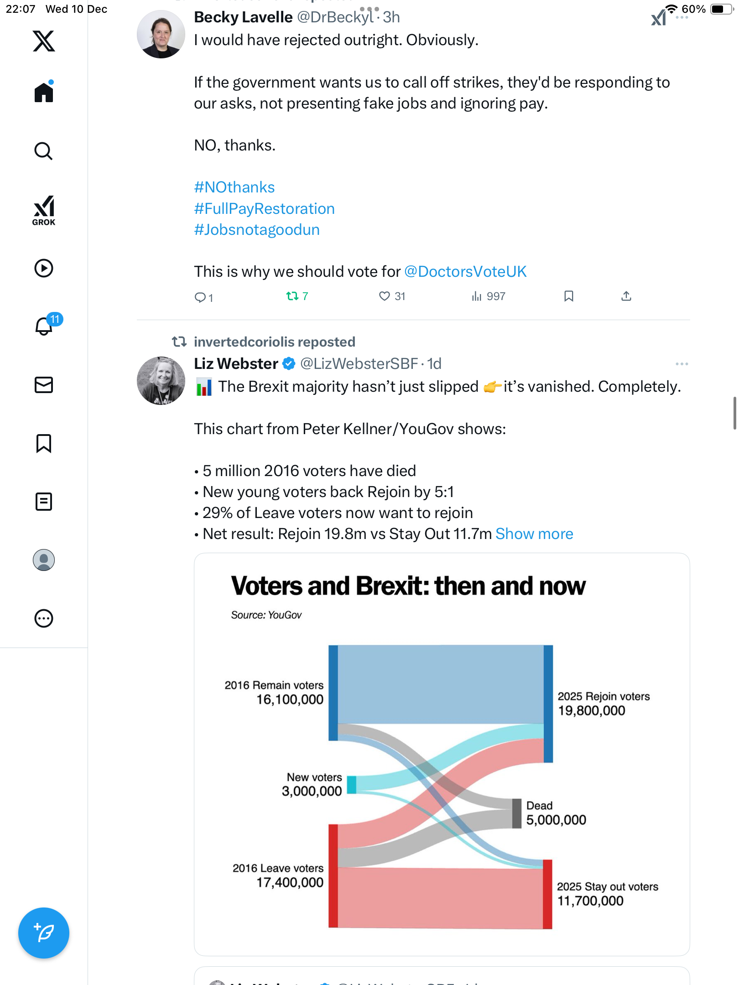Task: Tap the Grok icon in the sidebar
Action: point(44,210)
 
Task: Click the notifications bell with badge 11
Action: point(44,326)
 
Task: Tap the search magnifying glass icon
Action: point(44,151)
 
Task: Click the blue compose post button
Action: point(44,933)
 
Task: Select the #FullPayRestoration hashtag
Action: point(264,208)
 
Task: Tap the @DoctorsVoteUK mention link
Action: point(465,272)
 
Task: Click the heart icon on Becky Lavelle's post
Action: point(385,296)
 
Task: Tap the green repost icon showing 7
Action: point(292,296)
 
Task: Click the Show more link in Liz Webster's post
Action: point(534,534)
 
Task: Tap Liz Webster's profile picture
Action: point(161,381)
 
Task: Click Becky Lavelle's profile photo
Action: point(161,34)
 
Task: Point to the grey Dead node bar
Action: point(516,813)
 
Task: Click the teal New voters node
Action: point(351,785)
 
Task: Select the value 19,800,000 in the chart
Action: point(591,710)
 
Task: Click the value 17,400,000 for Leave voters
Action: point(290,882)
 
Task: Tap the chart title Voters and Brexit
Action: point(408,586)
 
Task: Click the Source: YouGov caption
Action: point(266,615)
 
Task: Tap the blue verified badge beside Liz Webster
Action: point(289,364)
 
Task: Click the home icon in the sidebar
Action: point(44,93)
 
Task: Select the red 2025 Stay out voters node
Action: point(547,894)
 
